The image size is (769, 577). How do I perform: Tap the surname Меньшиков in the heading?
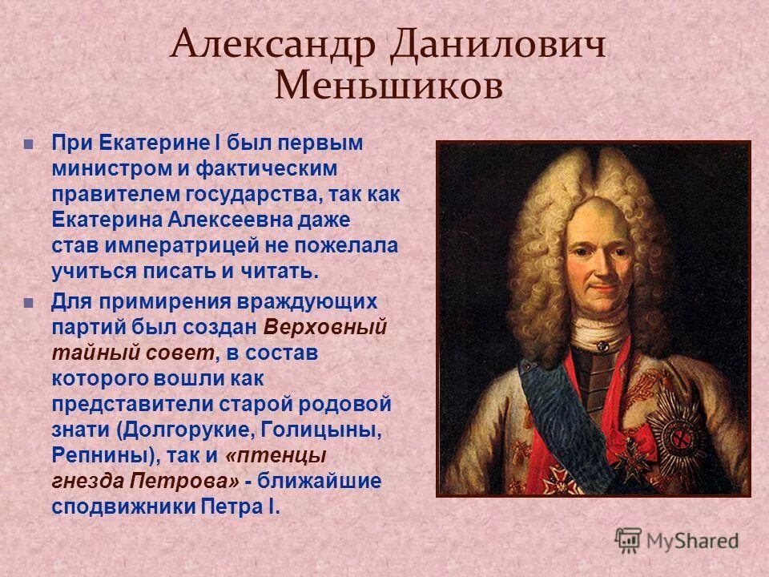click(x=389, y=85)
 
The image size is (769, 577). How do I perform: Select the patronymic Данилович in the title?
click(x=497, y=46)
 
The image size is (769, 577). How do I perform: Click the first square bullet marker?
click(x=30, y=145)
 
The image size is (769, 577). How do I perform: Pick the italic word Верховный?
click(x=324, y=328)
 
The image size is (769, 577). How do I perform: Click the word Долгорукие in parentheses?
click(x=186, y=430)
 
